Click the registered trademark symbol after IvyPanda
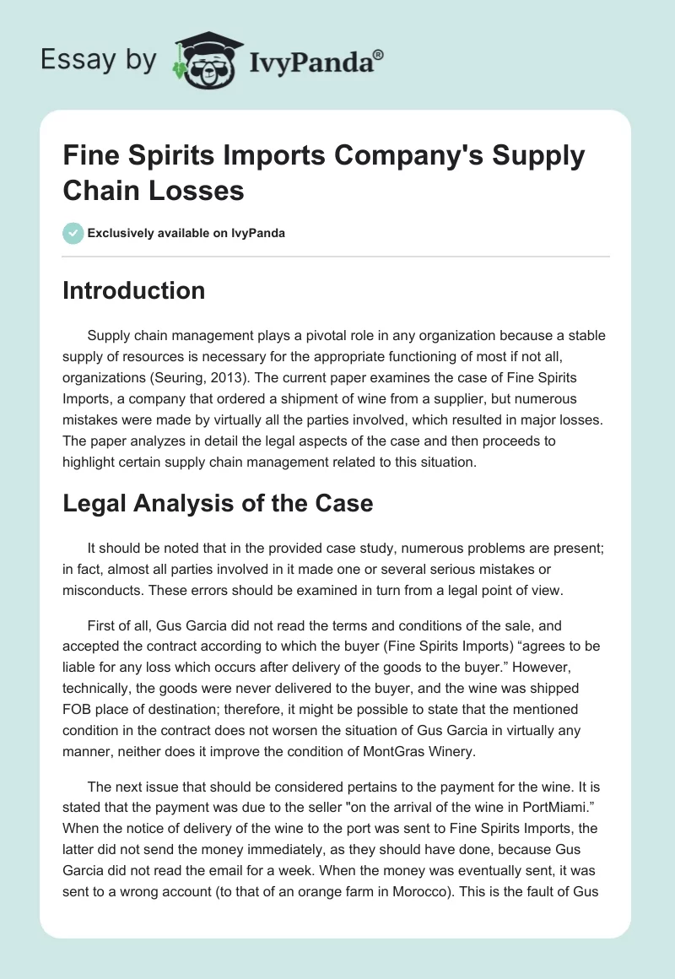point(379,54)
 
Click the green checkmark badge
point(73,233)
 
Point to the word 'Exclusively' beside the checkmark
point(121,233)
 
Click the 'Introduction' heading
point(134,290)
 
